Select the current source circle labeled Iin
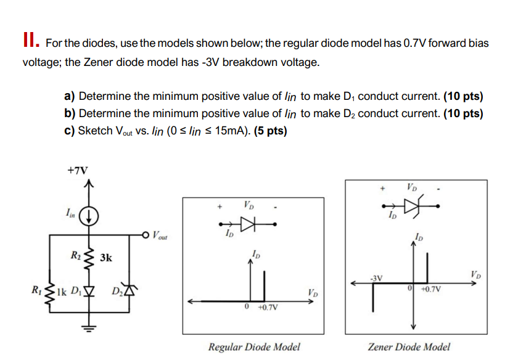(x=89, y=215)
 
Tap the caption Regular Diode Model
(x=254, y=346)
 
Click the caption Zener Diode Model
(x=409, y=346)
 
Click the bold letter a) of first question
(x=70, y=97)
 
